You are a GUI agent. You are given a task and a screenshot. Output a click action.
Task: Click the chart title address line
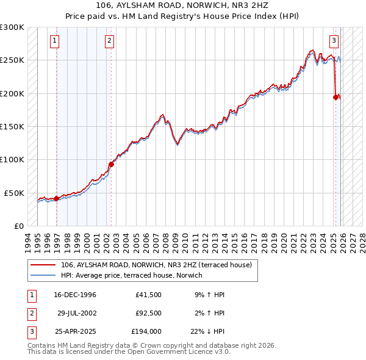point(183,4)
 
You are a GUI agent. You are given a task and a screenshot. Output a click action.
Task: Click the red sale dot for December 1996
point(57,198)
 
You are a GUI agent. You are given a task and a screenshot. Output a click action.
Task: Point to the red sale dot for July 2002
point(112,164)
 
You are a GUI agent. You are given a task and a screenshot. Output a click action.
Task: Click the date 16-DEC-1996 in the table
point(74,295)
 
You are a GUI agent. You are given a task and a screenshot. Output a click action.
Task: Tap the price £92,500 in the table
point(149,313)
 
